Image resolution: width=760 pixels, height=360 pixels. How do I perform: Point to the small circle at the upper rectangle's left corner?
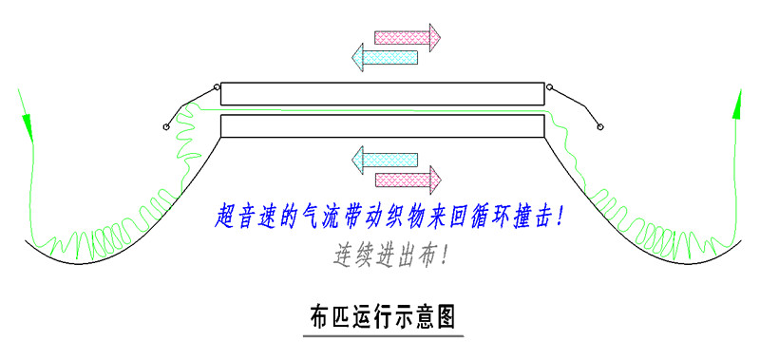(218, 88)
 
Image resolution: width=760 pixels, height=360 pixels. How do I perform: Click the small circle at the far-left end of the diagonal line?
(167, 127)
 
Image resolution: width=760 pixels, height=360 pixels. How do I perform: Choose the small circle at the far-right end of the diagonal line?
(599, 127)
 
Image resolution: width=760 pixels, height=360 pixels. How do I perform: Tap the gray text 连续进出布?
(389, 255)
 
